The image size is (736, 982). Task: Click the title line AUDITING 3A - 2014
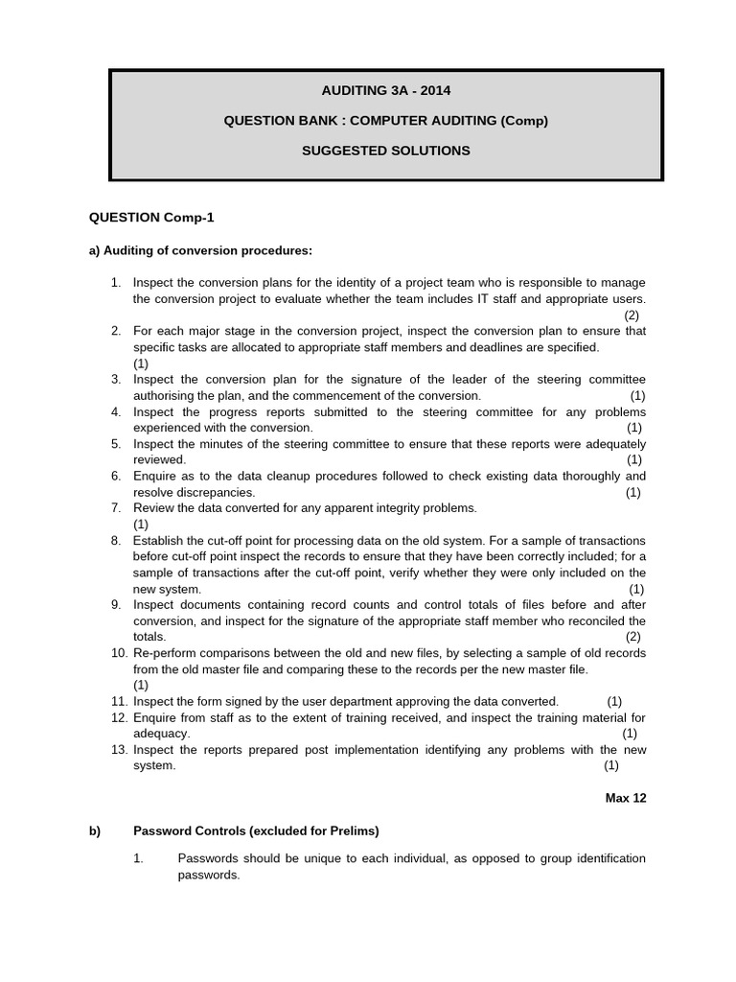coord(386,91)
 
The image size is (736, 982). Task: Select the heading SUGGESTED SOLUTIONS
coord(386,151)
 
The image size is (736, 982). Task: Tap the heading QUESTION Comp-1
coord(145,218)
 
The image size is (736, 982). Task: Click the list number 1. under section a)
coord(115,282)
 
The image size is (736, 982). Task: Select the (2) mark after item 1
coord(632,315)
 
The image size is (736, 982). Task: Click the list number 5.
coord(115,444)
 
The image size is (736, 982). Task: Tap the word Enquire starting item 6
coord(154,476)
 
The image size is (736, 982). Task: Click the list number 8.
coord(115,541)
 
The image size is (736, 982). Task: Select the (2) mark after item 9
coord(633,637)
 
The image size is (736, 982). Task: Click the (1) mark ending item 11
coord(614,701)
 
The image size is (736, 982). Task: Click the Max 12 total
coord(626,798)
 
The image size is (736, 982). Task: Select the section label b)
coord(95,830)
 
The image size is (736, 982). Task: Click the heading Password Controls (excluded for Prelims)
coord(256,830)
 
